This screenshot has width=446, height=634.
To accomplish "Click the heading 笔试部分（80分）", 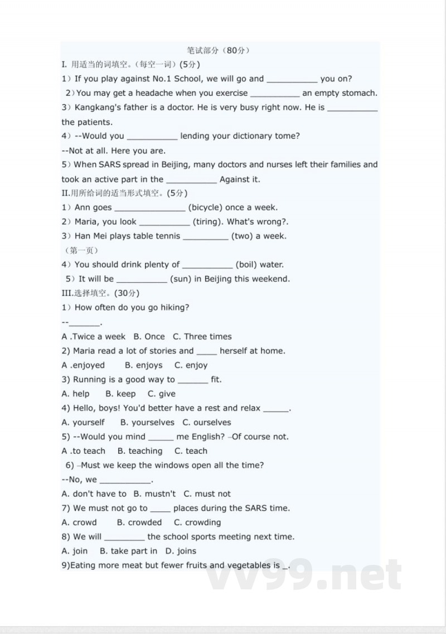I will (219, 50).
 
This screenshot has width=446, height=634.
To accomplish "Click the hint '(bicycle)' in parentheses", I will (205, 207).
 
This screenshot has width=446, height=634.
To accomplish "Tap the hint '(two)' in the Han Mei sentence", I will (242, 236).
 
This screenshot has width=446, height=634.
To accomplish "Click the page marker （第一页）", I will (81, 250).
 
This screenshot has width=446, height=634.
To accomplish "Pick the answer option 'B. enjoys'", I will (143, 365).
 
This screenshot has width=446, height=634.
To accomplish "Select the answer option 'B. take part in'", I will (128, 551).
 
